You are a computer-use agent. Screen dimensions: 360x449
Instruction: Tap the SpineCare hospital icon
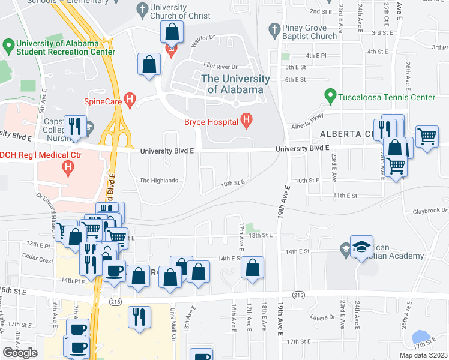pos(129,101)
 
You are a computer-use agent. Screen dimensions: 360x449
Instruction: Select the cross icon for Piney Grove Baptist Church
pos(274,29)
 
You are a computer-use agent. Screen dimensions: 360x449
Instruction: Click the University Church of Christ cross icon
pos(142,9)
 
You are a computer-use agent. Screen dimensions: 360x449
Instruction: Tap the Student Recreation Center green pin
pos(8,45)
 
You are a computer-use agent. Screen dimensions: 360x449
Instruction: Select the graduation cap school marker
pos(361,246)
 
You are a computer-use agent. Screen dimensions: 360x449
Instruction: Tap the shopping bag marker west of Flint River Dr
pos(148,63)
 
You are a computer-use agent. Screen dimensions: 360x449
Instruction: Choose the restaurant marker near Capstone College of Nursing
pos(74,125)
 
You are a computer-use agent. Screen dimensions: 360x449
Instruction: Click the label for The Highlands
pos(158,181)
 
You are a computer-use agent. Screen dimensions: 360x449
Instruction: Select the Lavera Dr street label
pos(319,317)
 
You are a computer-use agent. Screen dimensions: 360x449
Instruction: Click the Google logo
pos(20,352)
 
